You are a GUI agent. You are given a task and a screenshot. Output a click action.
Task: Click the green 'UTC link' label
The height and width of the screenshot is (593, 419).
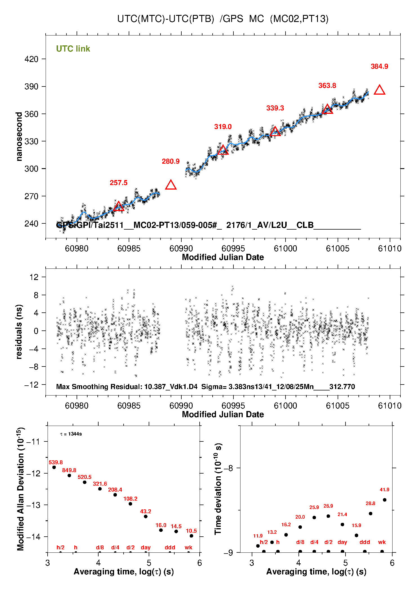(73, 49)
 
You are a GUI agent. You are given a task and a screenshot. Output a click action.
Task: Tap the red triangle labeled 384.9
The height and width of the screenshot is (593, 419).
(379, 90)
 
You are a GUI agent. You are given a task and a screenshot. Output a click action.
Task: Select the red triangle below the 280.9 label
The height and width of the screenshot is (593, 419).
(171, 185)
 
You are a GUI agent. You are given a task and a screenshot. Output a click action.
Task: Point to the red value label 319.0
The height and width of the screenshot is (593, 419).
(223, 127)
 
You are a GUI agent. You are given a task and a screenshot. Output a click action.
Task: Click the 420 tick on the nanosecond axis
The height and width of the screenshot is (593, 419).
(31, 59)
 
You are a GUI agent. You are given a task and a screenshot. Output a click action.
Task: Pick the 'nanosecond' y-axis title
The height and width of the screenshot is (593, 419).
(19, 136)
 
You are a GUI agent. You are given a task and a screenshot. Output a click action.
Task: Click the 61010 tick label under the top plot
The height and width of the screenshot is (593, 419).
(390, 248)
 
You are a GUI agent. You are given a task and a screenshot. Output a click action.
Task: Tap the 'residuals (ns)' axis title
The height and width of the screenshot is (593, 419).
(19, 332)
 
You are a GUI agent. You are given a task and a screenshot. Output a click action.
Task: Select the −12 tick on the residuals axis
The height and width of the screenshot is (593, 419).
(31, 385)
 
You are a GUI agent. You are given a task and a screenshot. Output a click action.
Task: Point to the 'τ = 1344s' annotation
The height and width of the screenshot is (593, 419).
(71, 434)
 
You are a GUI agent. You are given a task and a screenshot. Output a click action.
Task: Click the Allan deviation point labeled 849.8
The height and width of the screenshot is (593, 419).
(69, 476)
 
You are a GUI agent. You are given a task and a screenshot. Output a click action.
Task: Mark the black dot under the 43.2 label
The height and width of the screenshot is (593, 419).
(146, 516)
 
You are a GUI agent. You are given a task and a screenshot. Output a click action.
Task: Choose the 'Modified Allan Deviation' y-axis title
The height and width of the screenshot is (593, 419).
(20, 489)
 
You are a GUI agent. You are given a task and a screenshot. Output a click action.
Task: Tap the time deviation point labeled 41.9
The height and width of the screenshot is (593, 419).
(385, 500)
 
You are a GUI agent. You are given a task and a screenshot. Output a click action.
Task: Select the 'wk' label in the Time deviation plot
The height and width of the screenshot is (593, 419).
(382, 542)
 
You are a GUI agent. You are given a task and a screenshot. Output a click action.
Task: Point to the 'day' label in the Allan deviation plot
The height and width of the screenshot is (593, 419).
(146, 547)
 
